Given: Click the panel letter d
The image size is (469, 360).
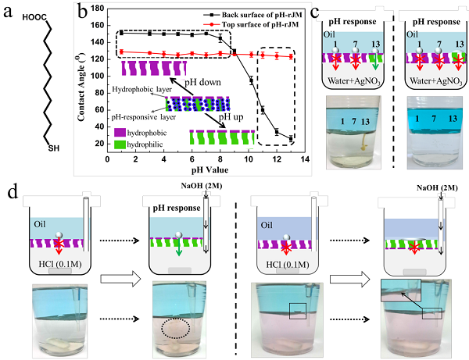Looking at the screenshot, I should pyautogui.click(x=10, y=188).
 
